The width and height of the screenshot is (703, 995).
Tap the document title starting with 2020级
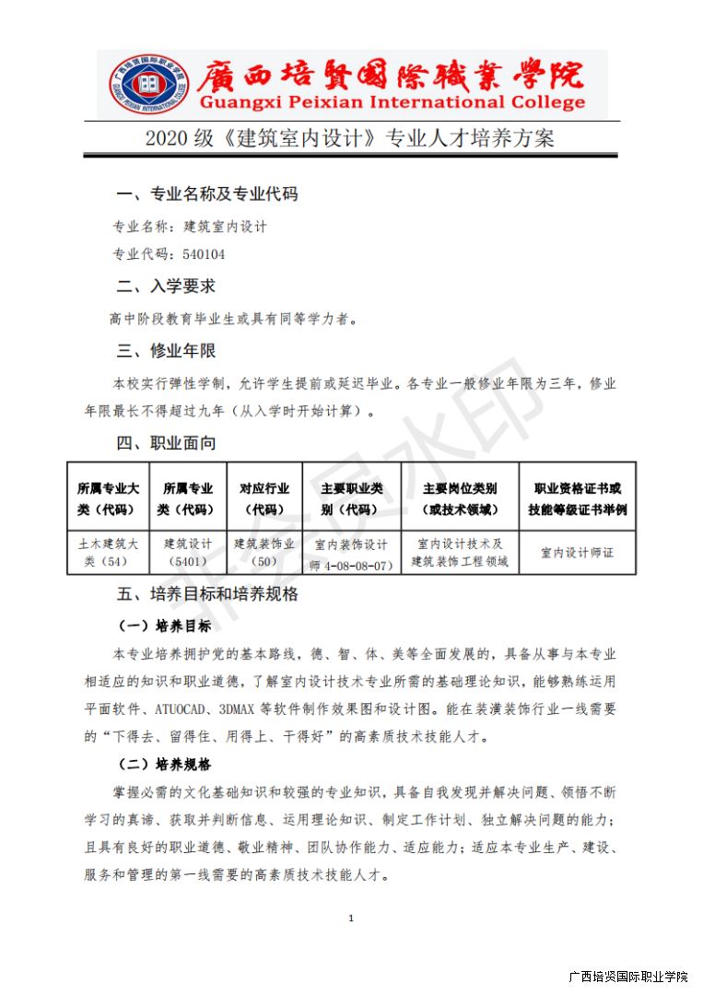pyautogui.click(x=350, y=139)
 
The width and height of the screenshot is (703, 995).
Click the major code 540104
pyautogui.click(x=204, y=254)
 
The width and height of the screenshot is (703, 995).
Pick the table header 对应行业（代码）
pyautogui.click(x=264, y=498)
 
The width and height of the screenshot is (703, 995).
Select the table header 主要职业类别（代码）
pyautogui.click(x=350, y=498)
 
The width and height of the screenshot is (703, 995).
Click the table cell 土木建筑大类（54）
pyautogui.click(x=109, y=552)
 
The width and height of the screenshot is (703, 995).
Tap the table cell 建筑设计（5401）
pyautogui.click(x=188, y=552)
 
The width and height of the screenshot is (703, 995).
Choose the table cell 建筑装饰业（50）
pyautogui.click(x=264, y=552)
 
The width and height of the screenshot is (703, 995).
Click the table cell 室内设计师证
pyautogui.click(x=577, y=553)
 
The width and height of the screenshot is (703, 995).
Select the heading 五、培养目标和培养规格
pyautogui.click(x=206, y=594)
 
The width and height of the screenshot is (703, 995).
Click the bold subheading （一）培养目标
pyautogui.click(x=165, y=626)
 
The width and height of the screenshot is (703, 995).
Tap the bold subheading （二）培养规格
pyautogui.click(x=165, y=765)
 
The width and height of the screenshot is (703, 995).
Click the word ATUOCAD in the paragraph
pyautogui.click(x=186, y=709)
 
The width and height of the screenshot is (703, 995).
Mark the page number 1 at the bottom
pyautogui.click(x=351, y=918)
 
